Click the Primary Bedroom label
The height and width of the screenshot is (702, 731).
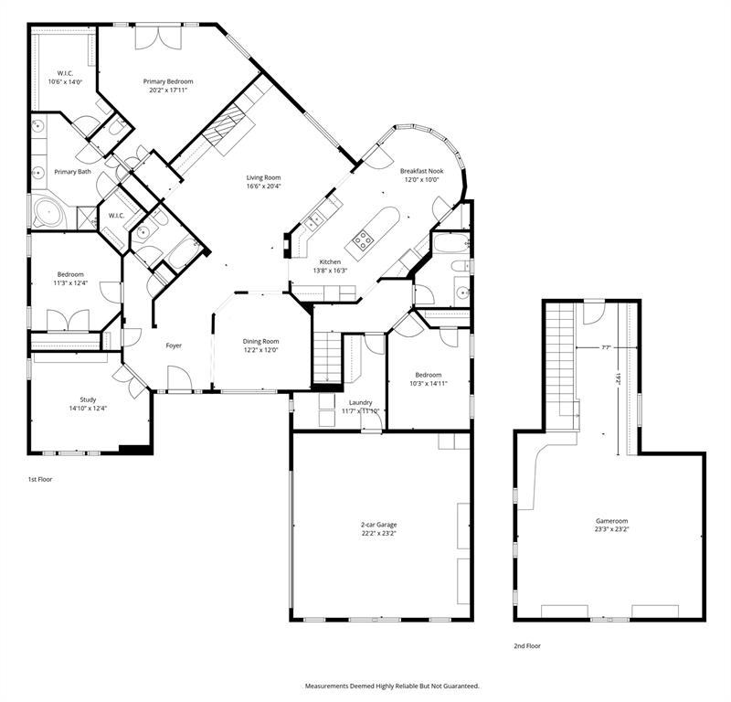point(168,81)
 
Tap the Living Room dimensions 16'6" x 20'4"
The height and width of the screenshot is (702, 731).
point(263,186)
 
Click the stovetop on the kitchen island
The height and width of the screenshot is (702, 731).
point(363,241)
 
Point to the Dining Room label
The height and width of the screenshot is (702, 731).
point(260,341)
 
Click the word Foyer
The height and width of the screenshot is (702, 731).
point(174,346)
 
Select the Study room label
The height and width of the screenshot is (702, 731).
point(88,399)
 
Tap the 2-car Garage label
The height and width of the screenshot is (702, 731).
point(378,525)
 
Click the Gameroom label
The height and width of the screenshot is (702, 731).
point(608,520)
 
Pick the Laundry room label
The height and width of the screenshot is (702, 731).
point(358,402)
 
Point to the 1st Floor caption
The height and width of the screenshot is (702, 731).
point(39,478)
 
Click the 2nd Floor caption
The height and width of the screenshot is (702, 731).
point(527,645)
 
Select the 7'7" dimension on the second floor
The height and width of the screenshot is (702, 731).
point(607,347)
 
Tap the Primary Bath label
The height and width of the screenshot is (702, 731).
point(72,172)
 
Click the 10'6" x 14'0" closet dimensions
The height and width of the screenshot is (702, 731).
point(65,82)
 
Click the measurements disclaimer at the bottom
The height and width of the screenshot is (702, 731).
point(391,685)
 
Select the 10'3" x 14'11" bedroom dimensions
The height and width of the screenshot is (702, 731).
point(429,384)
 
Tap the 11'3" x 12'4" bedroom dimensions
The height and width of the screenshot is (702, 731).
point(71,283)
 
